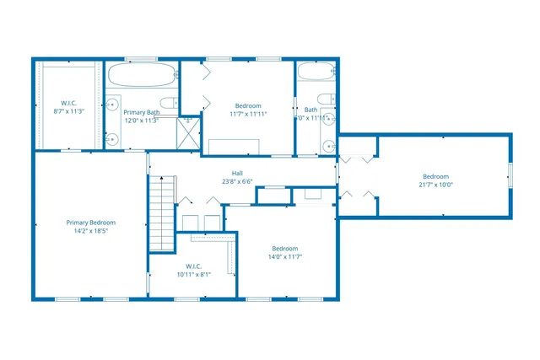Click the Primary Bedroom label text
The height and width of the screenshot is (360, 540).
coord(90,223)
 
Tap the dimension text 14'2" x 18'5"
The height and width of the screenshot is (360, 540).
coord(90,231)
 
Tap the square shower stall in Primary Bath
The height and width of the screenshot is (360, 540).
coord(190,131)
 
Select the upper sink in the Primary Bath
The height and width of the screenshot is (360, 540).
coord(112,105)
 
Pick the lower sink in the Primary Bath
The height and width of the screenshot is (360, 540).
coord(112,139)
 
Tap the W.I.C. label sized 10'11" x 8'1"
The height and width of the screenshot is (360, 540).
coord(193,274)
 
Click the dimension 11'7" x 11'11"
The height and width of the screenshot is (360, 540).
coord(248,114)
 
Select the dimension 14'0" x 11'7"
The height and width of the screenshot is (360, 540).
coord(285,257)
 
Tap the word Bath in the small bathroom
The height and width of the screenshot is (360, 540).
coord(310,110)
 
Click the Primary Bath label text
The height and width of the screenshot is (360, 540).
coord(141,112)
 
